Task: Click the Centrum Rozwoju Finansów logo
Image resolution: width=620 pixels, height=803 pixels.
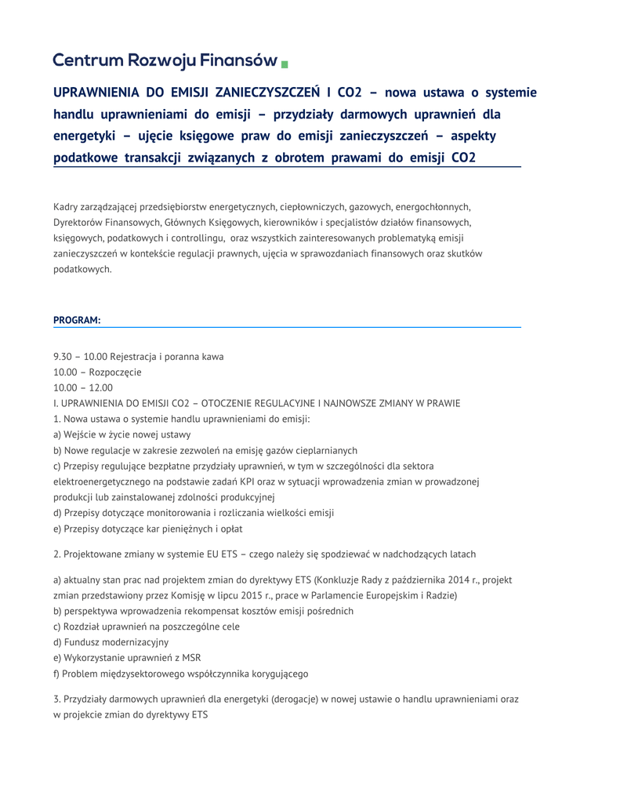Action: tap(165, 60)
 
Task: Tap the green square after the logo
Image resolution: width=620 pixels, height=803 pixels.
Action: tap(285, 64)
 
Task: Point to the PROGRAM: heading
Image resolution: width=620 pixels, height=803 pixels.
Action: tap(77, 320)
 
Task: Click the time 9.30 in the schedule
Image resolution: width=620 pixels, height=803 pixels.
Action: tap(63, 356)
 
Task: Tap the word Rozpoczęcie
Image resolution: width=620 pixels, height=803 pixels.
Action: tap(115, 372)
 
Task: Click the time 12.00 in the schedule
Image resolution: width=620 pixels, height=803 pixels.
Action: tap(101, 387)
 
